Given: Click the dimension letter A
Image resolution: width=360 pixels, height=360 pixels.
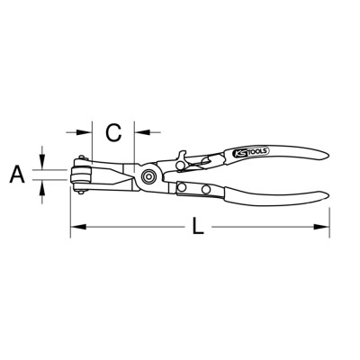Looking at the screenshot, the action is [x=17, y=175].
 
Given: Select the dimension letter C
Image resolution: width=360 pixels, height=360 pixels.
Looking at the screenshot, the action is [x=114, y=132].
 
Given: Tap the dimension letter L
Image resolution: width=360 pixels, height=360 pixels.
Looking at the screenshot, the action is [x=198, y=226].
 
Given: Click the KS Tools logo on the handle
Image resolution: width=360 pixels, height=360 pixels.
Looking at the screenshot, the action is [x=251, y=152].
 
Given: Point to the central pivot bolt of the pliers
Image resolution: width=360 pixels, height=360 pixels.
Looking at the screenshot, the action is [x=148, y=176].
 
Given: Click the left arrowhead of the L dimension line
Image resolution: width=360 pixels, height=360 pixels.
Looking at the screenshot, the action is [x=78, y=227].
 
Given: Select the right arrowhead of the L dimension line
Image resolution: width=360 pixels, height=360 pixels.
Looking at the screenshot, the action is [x=321, y=227].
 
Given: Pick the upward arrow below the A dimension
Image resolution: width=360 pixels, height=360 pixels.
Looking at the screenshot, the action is [x=42, y=192].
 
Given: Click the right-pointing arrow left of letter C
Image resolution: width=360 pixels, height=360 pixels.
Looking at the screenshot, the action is [x=78, y=131].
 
